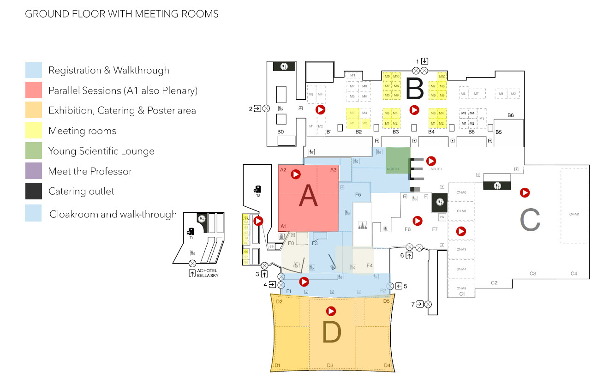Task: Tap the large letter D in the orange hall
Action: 332,332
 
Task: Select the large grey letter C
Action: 530,221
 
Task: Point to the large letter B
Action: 415,89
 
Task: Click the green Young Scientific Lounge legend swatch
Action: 34,151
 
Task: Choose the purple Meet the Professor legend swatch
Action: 34,172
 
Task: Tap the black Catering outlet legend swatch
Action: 34,192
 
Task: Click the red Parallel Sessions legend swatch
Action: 34,90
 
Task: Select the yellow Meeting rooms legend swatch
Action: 34,131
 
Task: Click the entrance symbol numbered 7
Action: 428,304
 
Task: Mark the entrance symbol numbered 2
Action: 266,109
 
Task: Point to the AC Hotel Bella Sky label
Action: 206,273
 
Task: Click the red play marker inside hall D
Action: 330,311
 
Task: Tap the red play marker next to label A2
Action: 296,174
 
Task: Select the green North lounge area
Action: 398,161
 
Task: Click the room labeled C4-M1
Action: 574,214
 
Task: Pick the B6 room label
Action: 510,115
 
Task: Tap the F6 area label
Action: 407,229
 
